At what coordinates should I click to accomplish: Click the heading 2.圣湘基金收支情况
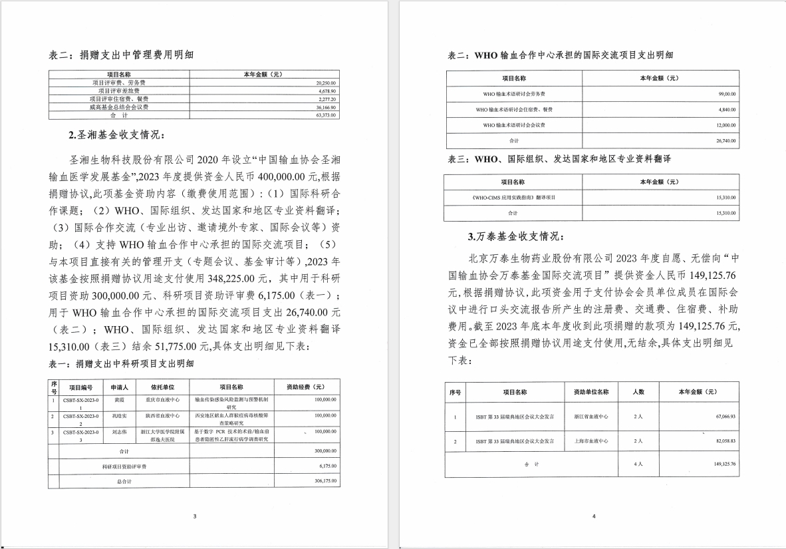point(114,136)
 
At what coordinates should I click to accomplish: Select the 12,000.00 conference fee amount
point(725,125)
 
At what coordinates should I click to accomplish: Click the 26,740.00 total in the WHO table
point(725,141)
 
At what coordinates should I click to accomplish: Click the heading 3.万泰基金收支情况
point(516,236)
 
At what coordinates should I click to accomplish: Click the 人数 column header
point(638,392)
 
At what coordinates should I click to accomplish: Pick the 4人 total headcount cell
point(638,464)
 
